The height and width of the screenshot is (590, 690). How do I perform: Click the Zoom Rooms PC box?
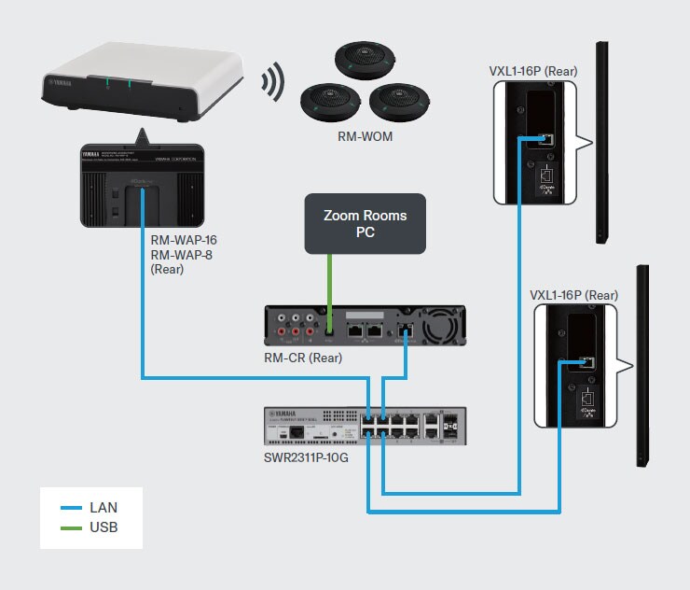365,223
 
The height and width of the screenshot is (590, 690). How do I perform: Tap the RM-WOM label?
365,137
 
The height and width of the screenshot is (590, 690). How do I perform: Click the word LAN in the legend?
103,508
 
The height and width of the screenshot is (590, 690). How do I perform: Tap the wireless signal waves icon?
272,82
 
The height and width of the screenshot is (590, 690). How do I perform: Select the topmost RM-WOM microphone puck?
356,62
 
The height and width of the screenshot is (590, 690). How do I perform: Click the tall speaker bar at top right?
604,140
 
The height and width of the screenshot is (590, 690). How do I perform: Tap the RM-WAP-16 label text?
184,239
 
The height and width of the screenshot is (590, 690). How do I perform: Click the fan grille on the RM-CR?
442,325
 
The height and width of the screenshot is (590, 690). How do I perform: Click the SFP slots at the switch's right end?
450,427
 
